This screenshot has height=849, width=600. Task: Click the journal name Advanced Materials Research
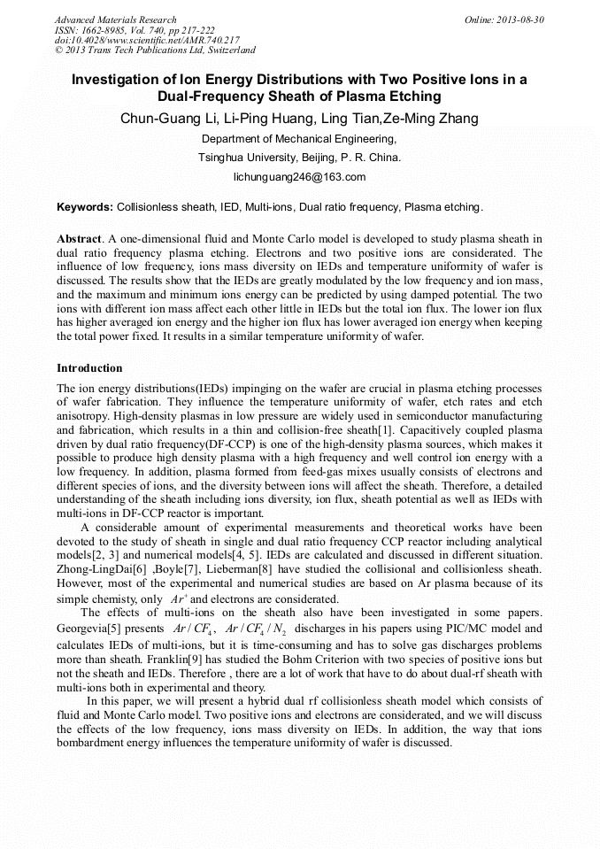point(115,19)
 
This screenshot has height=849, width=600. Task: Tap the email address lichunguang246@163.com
point(299,177)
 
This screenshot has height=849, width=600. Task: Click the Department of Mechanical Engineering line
point(299,139)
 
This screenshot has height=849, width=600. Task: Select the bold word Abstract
point(79,239)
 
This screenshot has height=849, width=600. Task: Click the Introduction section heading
point(89,367)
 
